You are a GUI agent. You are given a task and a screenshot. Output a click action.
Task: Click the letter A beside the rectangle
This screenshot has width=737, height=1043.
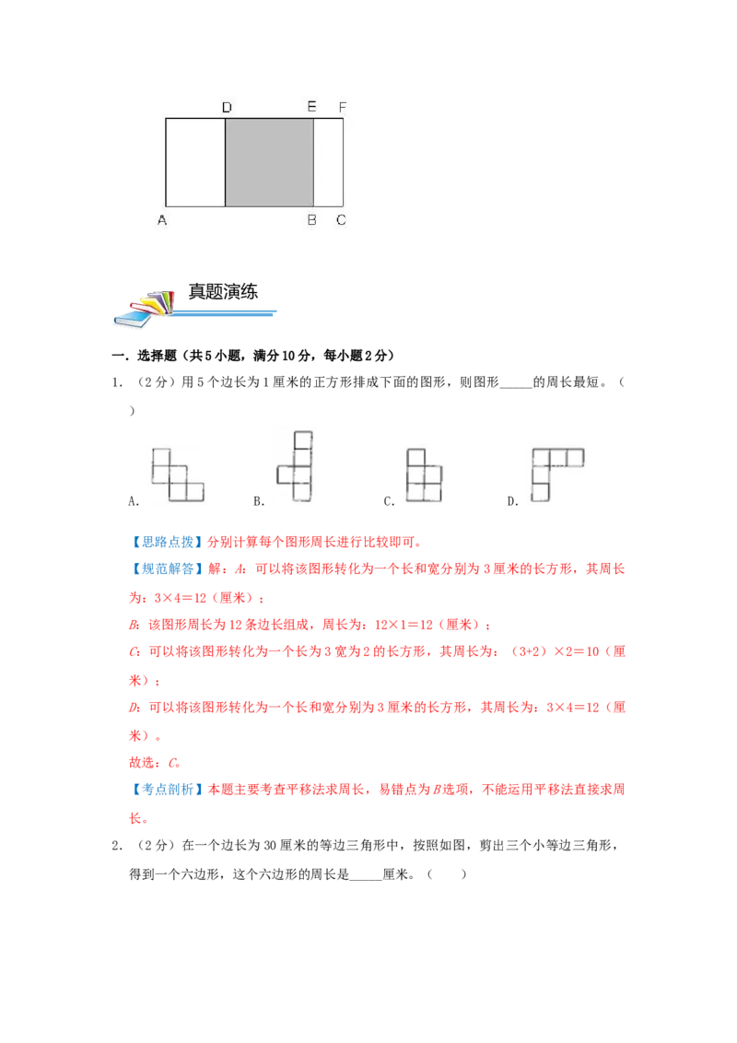pos(162,220)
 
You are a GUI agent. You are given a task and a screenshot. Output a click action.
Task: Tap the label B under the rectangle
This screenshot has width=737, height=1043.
pos(311,220)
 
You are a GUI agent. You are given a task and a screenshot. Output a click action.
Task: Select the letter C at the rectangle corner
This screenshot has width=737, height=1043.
pos(341,220)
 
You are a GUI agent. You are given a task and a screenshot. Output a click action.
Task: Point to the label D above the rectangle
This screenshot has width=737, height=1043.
pos(227,108)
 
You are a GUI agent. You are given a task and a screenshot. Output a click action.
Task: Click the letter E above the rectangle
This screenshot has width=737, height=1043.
pos(311,108)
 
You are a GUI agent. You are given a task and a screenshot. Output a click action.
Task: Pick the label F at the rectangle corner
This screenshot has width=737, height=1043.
pos(342,108)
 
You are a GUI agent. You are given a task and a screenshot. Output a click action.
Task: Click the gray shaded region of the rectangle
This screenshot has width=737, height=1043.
pos(269,161)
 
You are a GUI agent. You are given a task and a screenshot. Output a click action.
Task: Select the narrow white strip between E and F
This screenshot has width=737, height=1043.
pos(328,161)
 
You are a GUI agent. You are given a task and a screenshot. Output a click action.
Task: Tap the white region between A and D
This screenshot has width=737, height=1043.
pos(195,161)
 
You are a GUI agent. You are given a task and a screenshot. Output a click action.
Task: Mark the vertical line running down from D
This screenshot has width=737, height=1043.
pos(226,161)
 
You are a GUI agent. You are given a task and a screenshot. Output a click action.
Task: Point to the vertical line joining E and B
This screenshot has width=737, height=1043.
pos(313,161)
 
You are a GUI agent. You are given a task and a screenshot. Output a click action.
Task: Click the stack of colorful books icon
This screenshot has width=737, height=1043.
pos(144,309)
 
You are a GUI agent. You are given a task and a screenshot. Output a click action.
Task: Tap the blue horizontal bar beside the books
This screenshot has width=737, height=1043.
pos(226,313)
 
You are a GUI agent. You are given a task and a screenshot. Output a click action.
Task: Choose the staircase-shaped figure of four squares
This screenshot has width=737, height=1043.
pos(177,475)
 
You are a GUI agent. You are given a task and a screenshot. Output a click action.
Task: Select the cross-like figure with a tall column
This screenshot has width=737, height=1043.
pos(296,466)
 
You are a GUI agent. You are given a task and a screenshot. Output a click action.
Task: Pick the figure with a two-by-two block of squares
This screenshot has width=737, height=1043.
pos(425,475)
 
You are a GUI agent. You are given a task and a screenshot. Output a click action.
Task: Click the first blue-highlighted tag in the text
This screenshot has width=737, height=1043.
pos(167,542)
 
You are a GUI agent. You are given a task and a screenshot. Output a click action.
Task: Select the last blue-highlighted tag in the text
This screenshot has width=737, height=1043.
pos(167,789)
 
